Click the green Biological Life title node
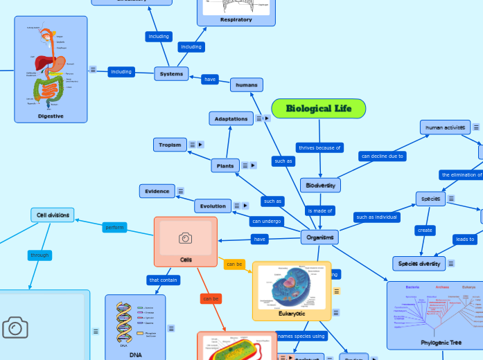(318, 109)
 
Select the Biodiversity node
(320, 186)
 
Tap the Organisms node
(319, 237)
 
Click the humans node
(246, 85)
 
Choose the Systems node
(171, 73)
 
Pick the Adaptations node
(231, 118)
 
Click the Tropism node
(170, 145)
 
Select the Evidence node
(157, 191)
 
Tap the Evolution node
(213, 206)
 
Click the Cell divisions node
(53, 215)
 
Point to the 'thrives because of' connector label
(319, 147)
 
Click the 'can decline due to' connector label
(383, 156)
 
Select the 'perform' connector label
(114, 227)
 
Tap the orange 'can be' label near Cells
(234, 264)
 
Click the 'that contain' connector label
(164, 280)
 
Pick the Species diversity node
(419, 263)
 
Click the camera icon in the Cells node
(185, 238)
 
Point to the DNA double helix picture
(124, 321)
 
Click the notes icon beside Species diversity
(451, 263)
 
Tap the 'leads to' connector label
(465, 239)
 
